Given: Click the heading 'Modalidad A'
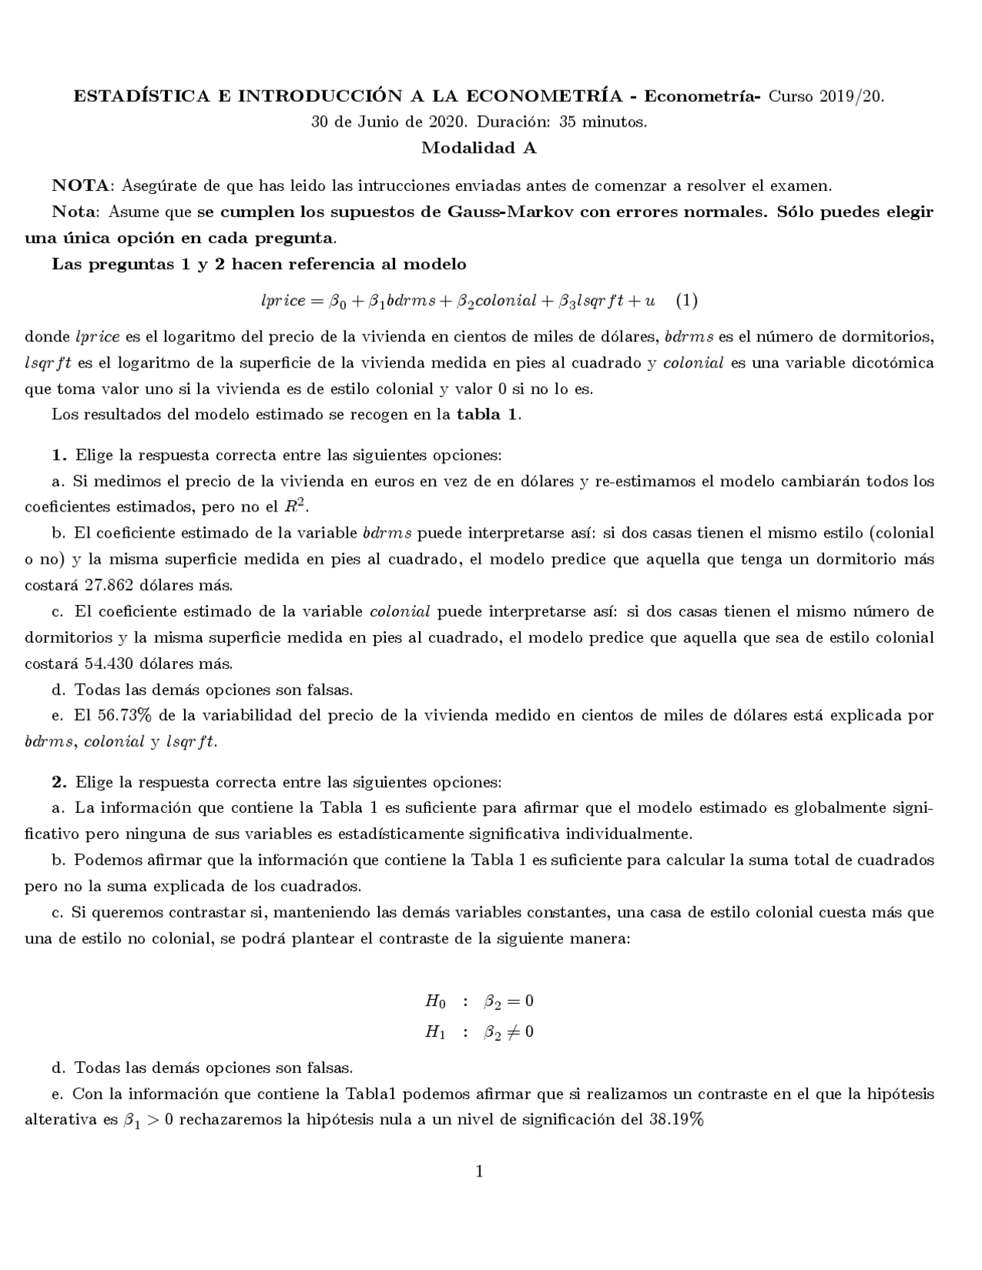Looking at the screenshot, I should coord(479,148).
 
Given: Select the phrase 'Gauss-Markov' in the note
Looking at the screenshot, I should coord(528,212).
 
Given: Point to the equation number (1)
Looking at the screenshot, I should coord(687,301).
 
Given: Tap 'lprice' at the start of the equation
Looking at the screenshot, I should coord(283,301).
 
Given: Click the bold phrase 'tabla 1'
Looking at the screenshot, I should coord(488,415).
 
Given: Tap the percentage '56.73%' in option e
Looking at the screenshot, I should coord(124,716).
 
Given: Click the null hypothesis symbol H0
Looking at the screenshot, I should coord(435,1001).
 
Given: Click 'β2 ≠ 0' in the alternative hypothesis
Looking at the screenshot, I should coord(509,1032).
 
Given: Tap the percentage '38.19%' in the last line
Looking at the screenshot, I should coord(676,1120).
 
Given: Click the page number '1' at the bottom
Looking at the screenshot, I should coord(479,1171).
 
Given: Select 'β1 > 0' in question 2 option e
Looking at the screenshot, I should coord(150,1120).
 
